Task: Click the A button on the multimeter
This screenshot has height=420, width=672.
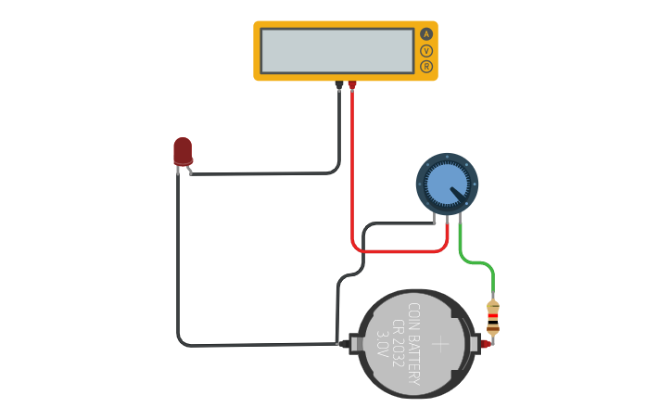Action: coord(426,33)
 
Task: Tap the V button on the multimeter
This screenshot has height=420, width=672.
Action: coord(426,50)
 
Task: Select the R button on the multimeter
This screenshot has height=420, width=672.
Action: coord(426,67)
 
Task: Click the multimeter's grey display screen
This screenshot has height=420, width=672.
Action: coord(336,50)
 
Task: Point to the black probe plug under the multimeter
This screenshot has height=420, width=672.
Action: coord(339,85)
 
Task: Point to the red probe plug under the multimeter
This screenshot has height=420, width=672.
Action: coord(352,85)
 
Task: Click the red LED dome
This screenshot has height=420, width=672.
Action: coord(183,149)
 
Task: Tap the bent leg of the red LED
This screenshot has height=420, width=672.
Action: coord(189,170)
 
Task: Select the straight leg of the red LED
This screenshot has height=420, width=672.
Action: coord(178,171)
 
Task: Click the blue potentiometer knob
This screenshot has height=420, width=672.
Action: coord(447,183)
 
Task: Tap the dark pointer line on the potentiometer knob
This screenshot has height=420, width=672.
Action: coord(459,196)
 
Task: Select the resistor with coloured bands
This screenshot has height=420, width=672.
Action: coord(493,317)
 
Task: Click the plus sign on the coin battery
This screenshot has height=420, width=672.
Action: coord(440,344)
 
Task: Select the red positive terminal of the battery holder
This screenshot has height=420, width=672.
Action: coord(484,344)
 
